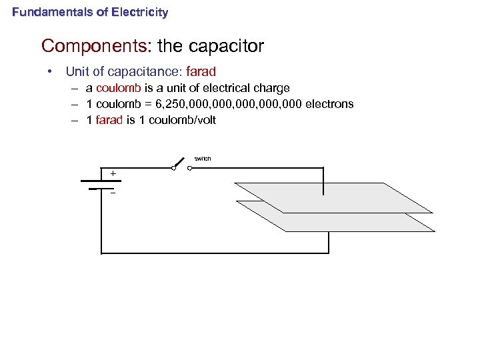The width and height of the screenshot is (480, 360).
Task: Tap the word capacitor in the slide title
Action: click(227, 46)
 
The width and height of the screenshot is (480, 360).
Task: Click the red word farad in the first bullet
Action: click(201, 71)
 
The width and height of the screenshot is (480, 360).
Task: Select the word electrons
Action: click(329, 104)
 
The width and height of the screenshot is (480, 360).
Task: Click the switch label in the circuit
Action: click(203, 159)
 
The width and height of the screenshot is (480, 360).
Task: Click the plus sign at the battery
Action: click(113, 173)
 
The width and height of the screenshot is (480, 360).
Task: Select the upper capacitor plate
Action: click(333, 197)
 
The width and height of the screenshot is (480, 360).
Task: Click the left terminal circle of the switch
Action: click(173, 168)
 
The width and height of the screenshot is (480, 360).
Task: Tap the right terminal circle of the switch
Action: click(189, 168)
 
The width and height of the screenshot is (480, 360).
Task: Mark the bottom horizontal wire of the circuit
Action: click(213, 253)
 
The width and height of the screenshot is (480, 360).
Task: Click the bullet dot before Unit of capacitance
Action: click(49, 71)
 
